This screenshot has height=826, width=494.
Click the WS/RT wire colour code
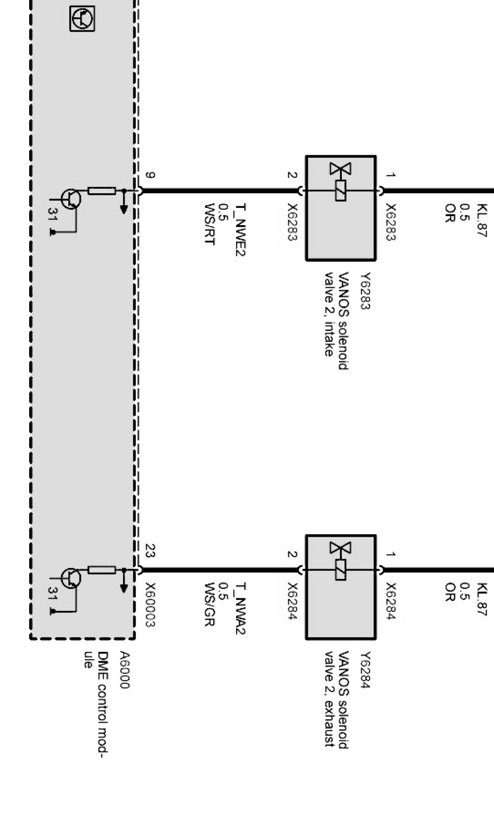click(209, 225)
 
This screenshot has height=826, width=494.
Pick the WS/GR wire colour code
click(209, 605)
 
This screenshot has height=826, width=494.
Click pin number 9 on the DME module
click(150, 176)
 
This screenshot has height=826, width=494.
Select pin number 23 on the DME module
click(150, 551)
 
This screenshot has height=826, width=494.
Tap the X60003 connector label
click(150, 605)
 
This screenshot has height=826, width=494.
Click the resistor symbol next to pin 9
click(102, 191)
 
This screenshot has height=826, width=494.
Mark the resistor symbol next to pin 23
click(102, 570)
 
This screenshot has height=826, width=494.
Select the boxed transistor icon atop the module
click(82, 19)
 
